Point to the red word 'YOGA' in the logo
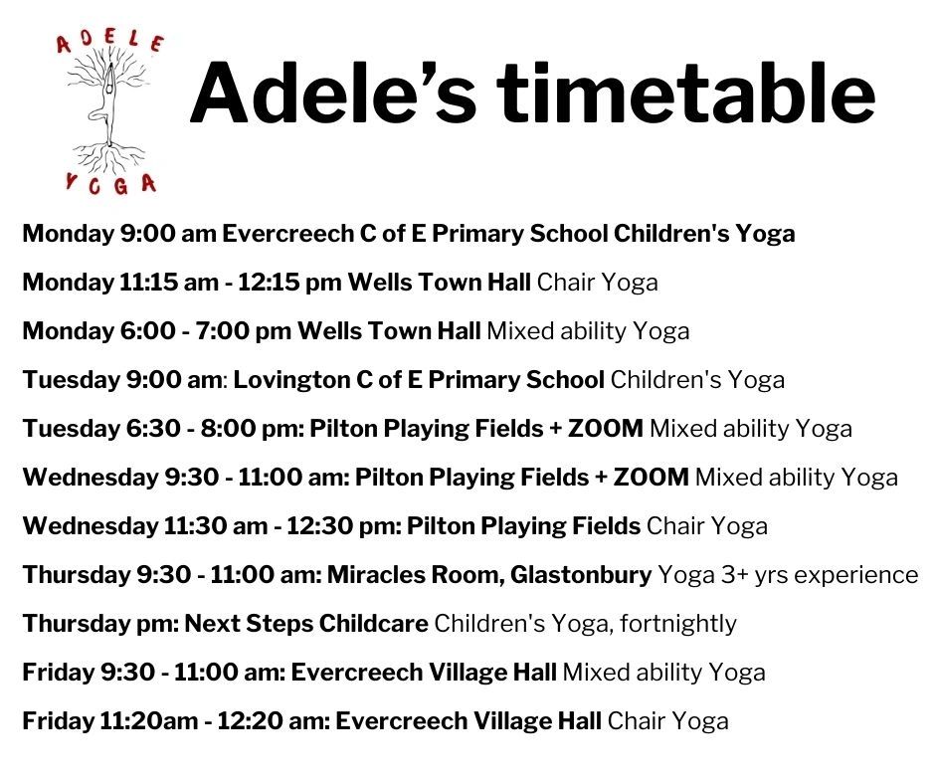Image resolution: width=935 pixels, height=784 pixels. coord(111,184)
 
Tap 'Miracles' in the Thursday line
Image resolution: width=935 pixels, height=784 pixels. coord(376,575)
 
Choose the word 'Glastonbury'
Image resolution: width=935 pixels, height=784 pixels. coord(581,575)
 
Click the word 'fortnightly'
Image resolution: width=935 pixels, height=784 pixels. coord(678,624)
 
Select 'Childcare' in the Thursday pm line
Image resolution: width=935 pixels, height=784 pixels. coord(373,624)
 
